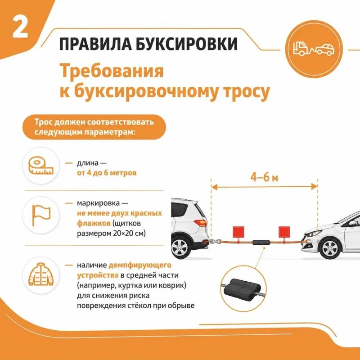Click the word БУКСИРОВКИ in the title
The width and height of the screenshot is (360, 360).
tap(186, 44)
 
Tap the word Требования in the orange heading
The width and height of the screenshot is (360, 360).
tap(112, 71)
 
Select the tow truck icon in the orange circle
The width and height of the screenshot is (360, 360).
tap(314, 49)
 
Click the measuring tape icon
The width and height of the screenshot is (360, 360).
tap(41, 166)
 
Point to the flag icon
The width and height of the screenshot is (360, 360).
tap(41, 215)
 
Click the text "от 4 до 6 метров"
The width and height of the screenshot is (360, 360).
tap(107, 173)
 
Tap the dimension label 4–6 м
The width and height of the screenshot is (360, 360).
tap(264, 177)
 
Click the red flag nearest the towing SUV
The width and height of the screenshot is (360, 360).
tap(238, 232)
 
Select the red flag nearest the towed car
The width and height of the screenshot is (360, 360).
tap(284, 232)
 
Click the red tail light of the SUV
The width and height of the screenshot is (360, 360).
tap(200, 223)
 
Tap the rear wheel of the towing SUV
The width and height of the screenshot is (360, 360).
tap(181, 249)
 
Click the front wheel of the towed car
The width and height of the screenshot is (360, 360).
tap(330, 249)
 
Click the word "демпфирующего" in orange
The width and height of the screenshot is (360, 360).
tap(140, 265)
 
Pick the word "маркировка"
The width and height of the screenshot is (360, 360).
tap(98, 203)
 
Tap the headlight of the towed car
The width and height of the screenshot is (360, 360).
tap(313, 234)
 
